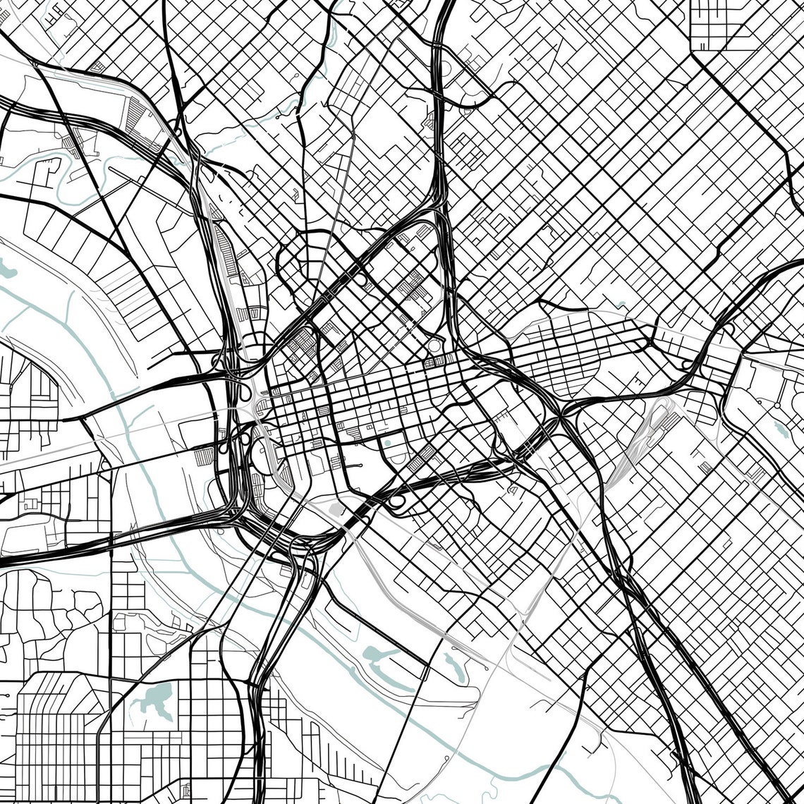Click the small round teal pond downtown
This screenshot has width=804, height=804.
pyautogui.click(x=386, y=444)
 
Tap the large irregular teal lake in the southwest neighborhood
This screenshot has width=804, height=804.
pyautogui.click(x=157, y=700)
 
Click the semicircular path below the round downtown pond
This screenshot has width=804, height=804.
pyautogui.click(x=395, y=462)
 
